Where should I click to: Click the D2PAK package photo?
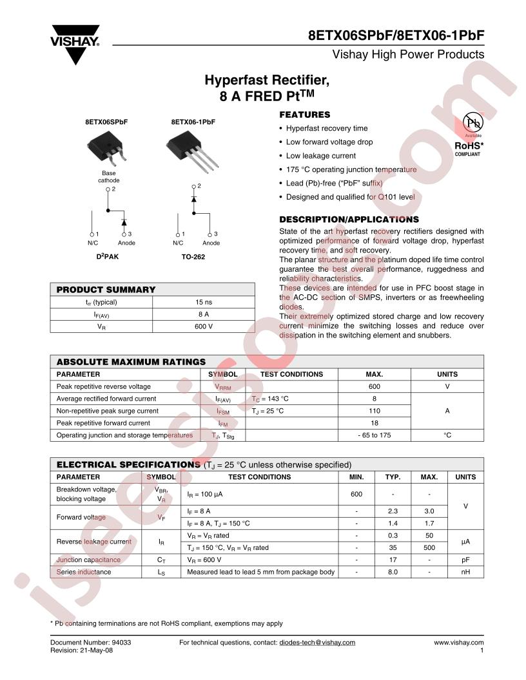[x=107, y=146]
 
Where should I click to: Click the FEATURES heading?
[x=304, y=115]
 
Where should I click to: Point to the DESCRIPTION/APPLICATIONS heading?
[x=349, y=220]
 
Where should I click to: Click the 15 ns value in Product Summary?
[x=204, y=302]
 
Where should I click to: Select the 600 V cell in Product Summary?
[x=204, y=326]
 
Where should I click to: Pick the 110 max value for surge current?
[x=374, y=411]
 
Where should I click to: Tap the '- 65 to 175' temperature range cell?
[x=374, y=435]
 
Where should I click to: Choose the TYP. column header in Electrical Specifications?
[x=393, y=477]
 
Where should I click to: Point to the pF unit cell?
[x=465, y=560]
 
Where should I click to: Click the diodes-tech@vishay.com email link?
[x=317, y=643]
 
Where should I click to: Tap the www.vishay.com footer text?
[x=458, y=643]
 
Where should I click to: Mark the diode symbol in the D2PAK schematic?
[x=124, y=222]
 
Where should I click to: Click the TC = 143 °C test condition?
[x=271, y=399]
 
